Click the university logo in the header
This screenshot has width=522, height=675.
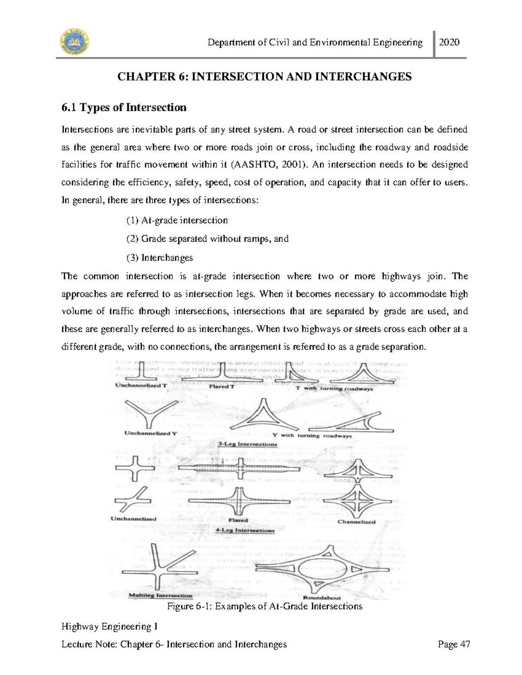(x=74, y=42)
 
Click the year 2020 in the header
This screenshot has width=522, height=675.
(x=450, y=42)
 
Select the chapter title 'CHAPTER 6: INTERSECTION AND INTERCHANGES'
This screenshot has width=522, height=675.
(x=264, y=77)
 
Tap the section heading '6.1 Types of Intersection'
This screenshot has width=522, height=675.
(x=124, y=107)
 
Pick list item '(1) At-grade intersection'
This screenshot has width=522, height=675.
(x=177, y=220)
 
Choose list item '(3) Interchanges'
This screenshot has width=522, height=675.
(x=160, y=258)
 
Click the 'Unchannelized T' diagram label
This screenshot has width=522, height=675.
(x=141, y=385)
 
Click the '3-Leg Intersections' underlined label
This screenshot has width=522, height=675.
(x=247, y=444)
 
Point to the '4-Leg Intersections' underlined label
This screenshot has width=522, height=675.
(x=245, y=531)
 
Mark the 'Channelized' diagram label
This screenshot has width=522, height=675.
(x=356, y=522)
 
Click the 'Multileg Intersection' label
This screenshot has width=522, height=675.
(x=161, y=595)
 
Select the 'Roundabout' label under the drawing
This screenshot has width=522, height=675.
(x=322, y=598)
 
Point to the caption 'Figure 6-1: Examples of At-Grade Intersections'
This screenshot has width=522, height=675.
(x=264, y=606)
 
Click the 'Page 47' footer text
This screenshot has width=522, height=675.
(x=454, y=644)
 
